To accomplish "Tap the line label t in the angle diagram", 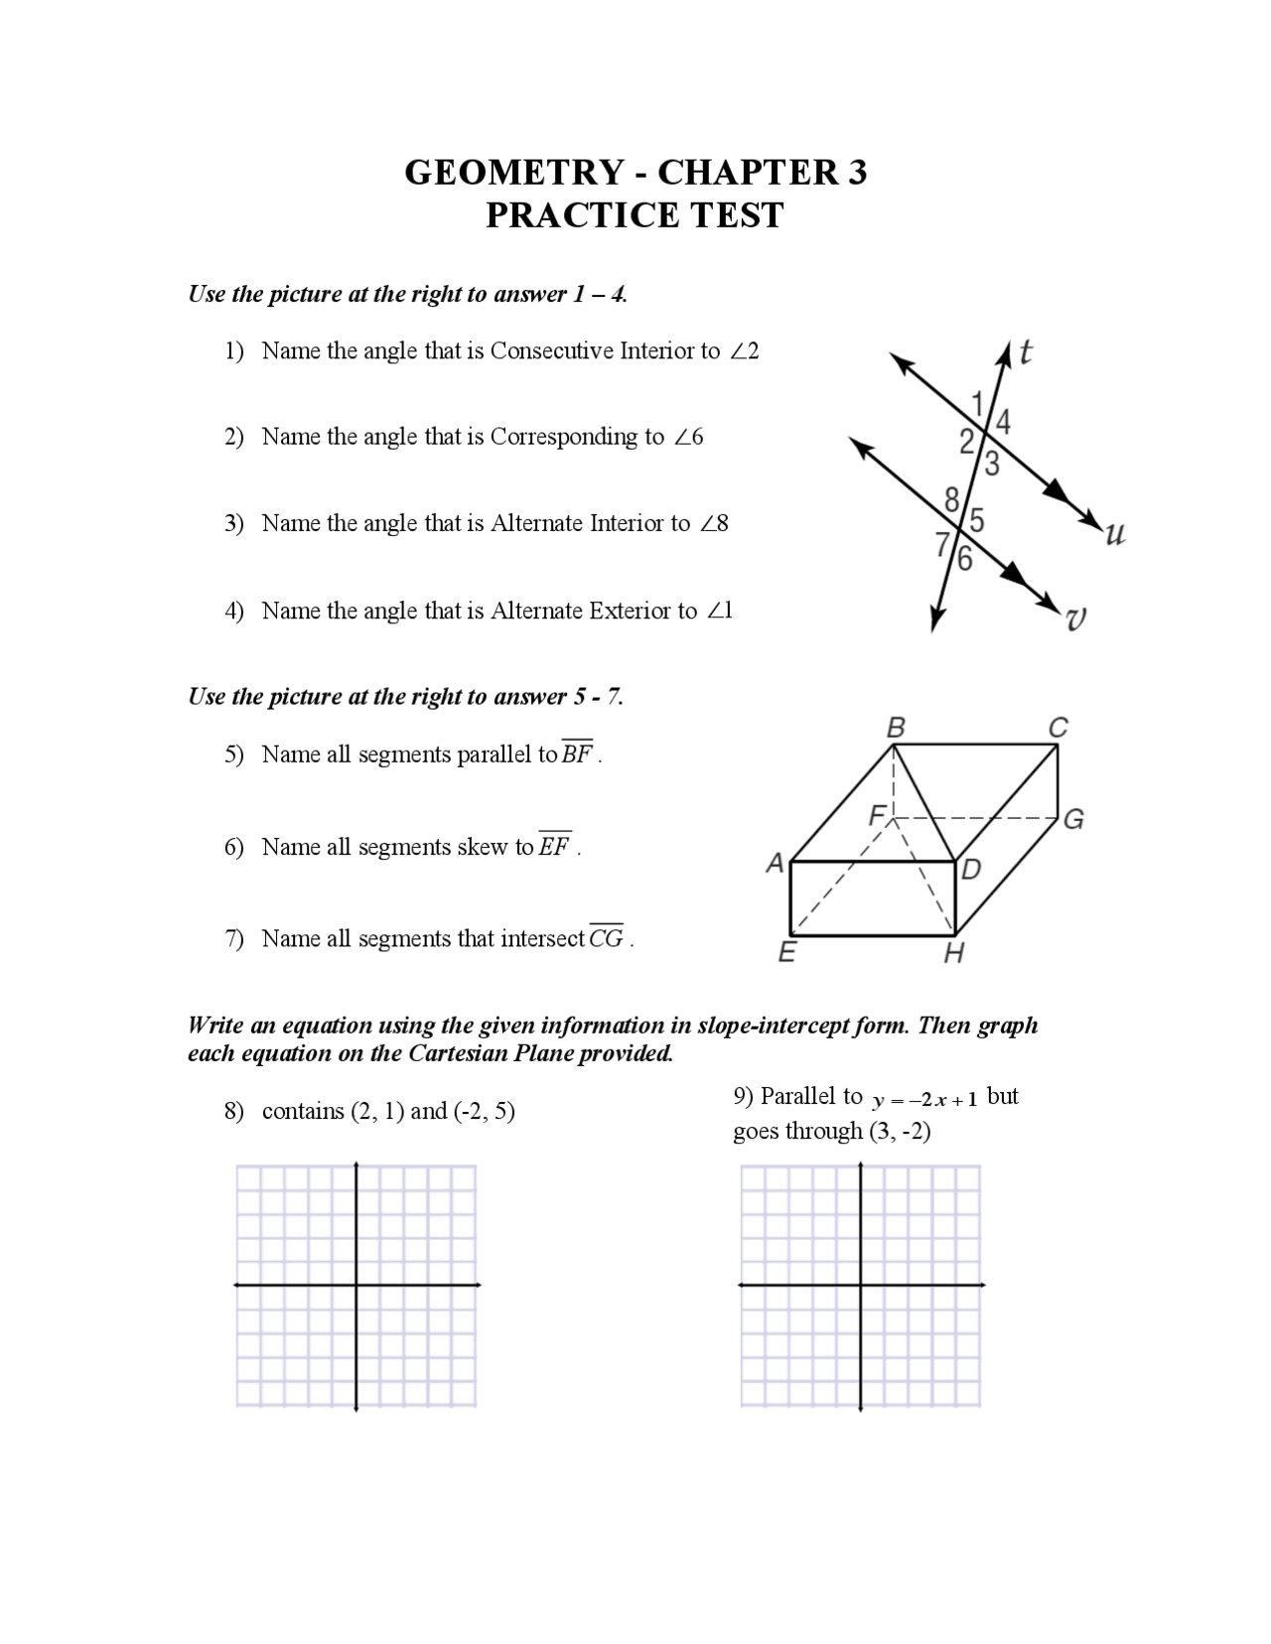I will coord(1026,351).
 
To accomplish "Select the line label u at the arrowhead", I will coord(1115,535).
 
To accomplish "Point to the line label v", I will coord(1075,619).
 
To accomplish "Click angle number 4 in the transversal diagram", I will coord(1003,422).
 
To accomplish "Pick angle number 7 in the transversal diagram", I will coord(942,543).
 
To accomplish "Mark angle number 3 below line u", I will coord(991,464).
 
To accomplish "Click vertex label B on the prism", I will coord(896,728).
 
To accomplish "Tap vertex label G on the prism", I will coord(1073,819).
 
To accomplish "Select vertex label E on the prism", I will coord(786,953).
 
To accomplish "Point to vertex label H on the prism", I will coord(953,954).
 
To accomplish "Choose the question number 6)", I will coord(234,847).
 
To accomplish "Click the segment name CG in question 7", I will coord(607,937).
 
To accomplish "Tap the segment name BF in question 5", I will coord(577,753).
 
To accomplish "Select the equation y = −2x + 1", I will coord(925,1099).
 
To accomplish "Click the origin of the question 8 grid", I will coord(356,1285).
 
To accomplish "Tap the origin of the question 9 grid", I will coord(861,1285).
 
